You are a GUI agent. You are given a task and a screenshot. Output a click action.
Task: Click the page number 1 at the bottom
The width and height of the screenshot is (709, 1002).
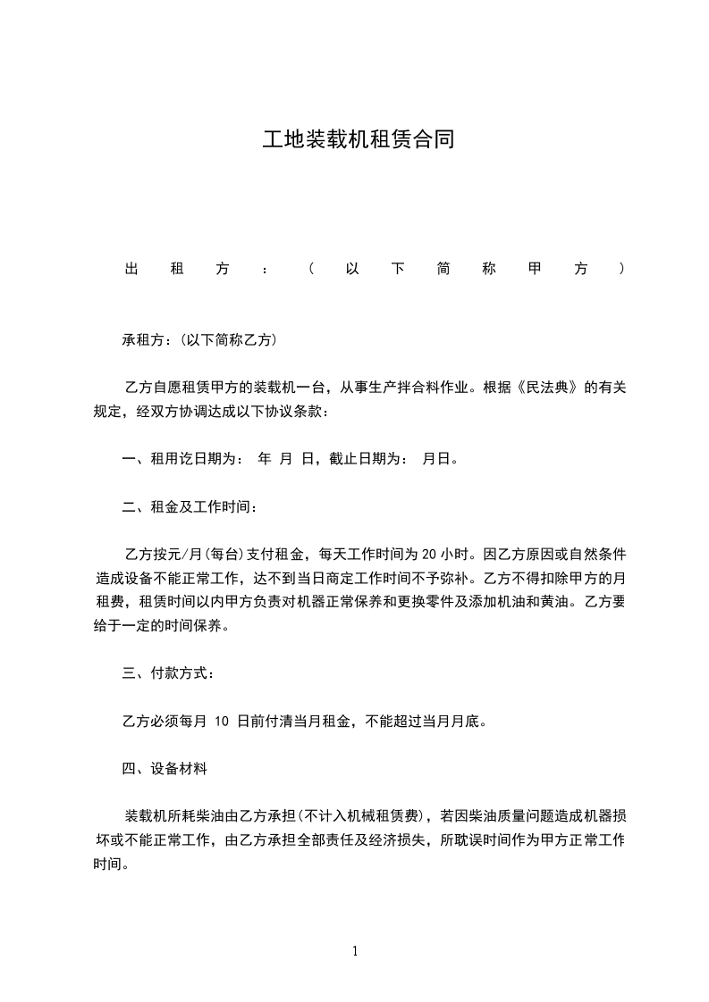pos(355,951)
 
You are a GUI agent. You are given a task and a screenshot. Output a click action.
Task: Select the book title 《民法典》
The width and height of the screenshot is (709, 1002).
pos(535,388)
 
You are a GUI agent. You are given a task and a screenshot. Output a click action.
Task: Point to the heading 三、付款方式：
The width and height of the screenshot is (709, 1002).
pos(168,672)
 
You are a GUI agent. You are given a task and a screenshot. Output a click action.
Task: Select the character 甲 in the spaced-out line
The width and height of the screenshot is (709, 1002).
pos(535,269)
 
